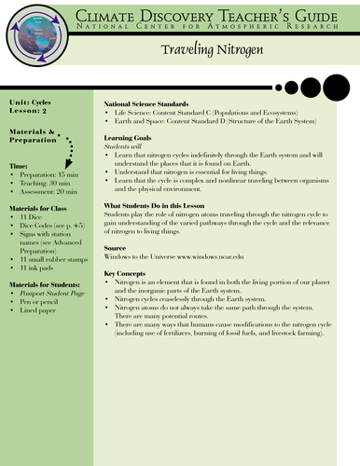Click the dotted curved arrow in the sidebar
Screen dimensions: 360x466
[70, 150]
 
